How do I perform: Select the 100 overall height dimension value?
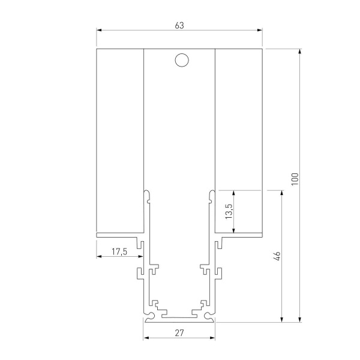click(x=294, y=179)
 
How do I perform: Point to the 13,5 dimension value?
click(x=229, y=212)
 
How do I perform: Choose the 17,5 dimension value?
click(x=119, y=252)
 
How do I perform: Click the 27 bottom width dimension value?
click(x=179, y=332)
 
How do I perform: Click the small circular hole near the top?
click(x=180, y=59)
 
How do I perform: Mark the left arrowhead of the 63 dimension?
click(x=99, y=30)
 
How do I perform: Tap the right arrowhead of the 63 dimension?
click(x=260, y=30)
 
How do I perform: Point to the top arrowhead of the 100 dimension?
click(x=299, y=51)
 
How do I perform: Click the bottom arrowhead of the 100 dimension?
click(x=299, y=319)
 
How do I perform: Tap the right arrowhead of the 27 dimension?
click(x=212, y=337)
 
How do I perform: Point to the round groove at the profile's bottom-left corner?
click(x=149, y=314)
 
